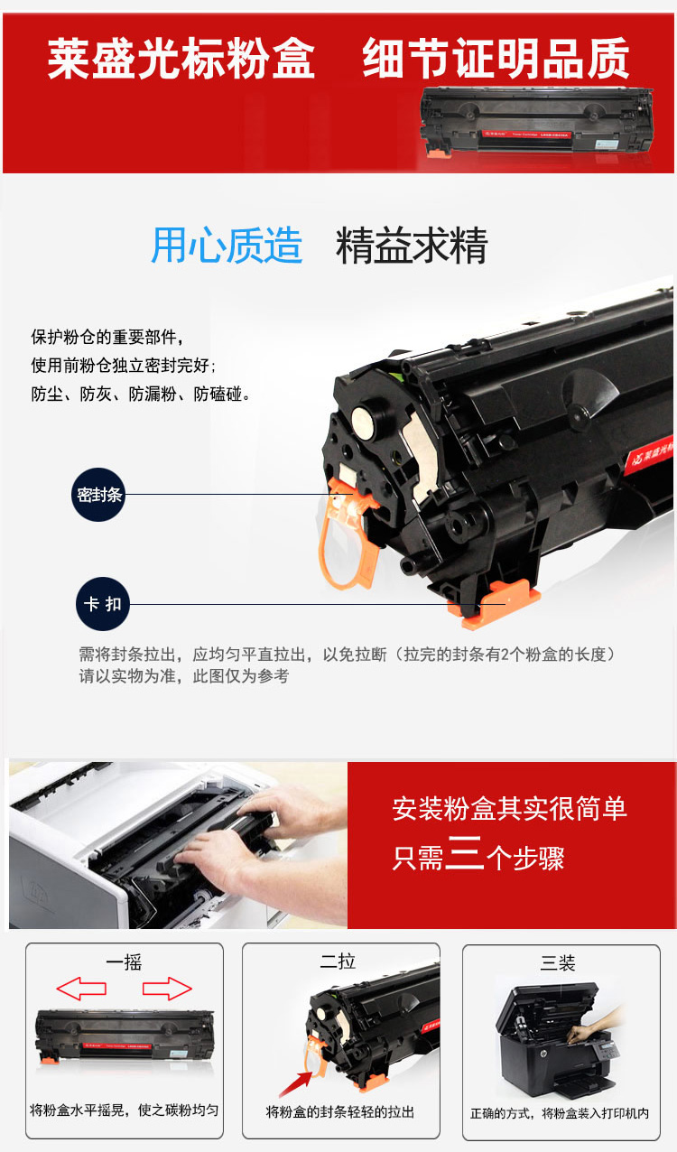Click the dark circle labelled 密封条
(98, 494)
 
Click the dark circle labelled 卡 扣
(103, 604)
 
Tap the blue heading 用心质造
(227, 246)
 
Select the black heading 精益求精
(412, 246)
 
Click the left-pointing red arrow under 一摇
(81, 988)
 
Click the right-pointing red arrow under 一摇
(167, 988)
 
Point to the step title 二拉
(338, 961)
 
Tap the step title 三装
(558, 962)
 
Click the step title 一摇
(124, 962)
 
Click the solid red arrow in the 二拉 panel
(296, 1083)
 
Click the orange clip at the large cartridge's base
(494, 605)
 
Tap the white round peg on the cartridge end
(364, 423)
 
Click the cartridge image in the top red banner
(537, 121)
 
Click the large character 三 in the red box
(465, 852)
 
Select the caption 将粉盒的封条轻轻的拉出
(340, 1112)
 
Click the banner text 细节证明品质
(496, 59)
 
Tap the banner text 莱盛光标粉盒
(181, 59)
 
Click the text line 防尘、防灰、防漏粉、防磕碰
(140, 394)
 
